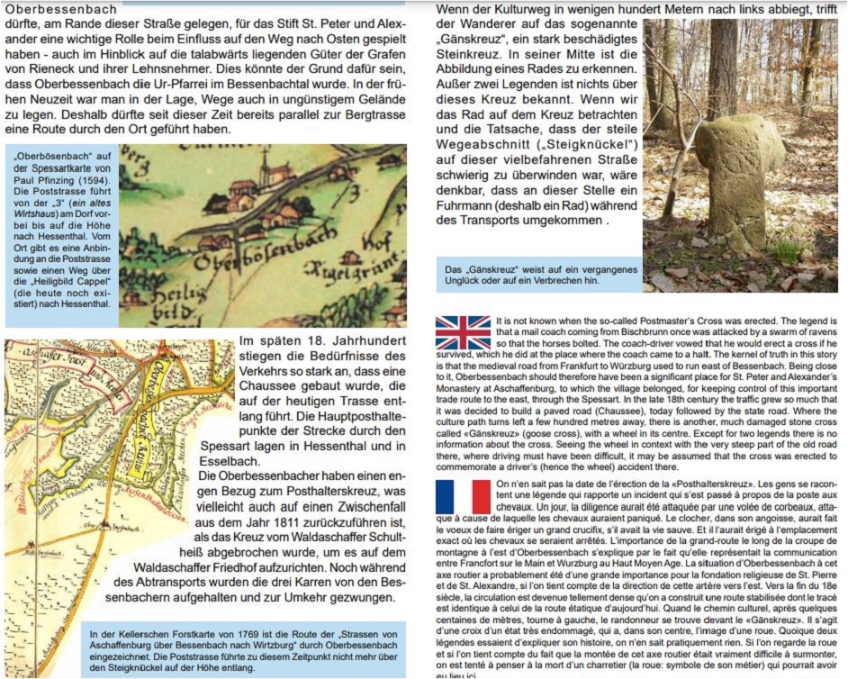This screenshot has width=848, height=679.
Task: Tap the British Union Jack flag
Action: (463, 332)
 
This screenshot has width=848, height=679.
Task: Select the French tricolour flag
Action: (463, 496)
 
